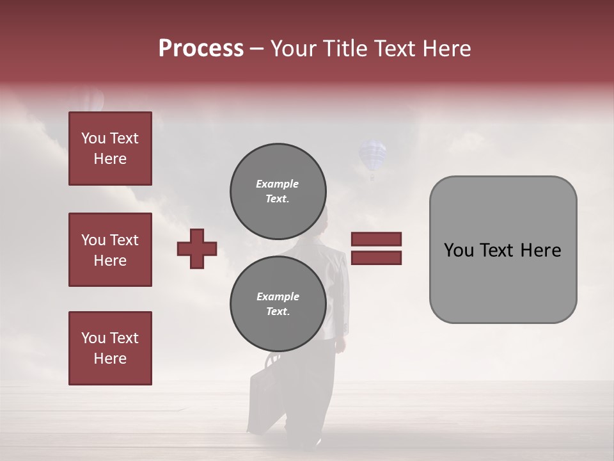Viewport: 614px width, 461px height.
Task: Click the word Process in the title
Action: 201,49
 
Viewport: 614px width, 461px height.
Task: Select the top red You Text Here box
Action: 110,149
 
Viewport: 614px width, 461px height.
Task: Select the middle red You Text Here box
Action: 110,250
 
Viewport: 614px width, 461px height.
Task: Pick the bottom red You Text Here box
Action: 110,348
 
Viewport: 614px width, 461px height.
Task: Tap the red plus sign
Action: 197,248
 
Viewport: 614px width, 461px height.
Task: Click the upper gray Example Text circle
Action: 278,191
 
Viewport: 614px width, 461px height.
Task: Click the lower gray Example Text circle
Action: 278,303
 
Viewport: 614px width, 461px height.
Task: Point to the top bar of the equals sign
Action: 377,239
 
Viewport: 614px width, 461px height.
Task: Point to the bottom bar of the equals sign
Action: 377,257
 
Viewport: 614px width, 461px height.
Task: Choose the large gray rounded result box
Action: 503,250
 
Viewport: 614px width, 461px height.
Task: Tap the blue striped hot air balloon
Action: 372,158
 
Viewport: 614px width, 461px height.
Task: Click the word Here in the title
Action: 445,49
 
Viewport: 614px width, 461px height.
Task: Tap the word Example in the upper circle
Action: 278,184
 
